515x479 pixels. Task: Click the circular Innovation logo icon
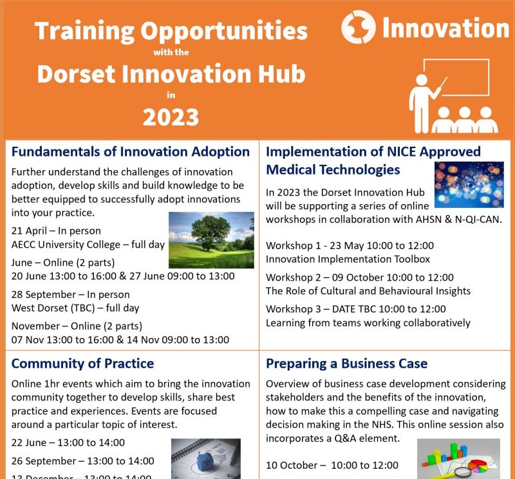357,28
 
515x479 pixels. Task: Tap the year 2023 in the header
171,117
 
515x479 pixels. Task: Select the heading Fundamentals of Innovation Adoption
131,152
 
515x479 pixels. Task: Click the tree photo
211,240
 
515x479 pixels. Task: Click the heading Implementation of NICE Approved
373,152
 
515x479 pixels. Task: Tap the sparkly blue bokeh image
469,185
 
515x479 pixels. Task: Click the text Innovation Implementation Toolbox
348,259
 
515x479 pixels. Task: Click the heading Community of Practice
82,363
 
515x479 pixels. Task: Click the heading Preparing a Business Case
346,363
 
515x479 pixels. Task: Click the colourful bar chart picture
458,458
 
